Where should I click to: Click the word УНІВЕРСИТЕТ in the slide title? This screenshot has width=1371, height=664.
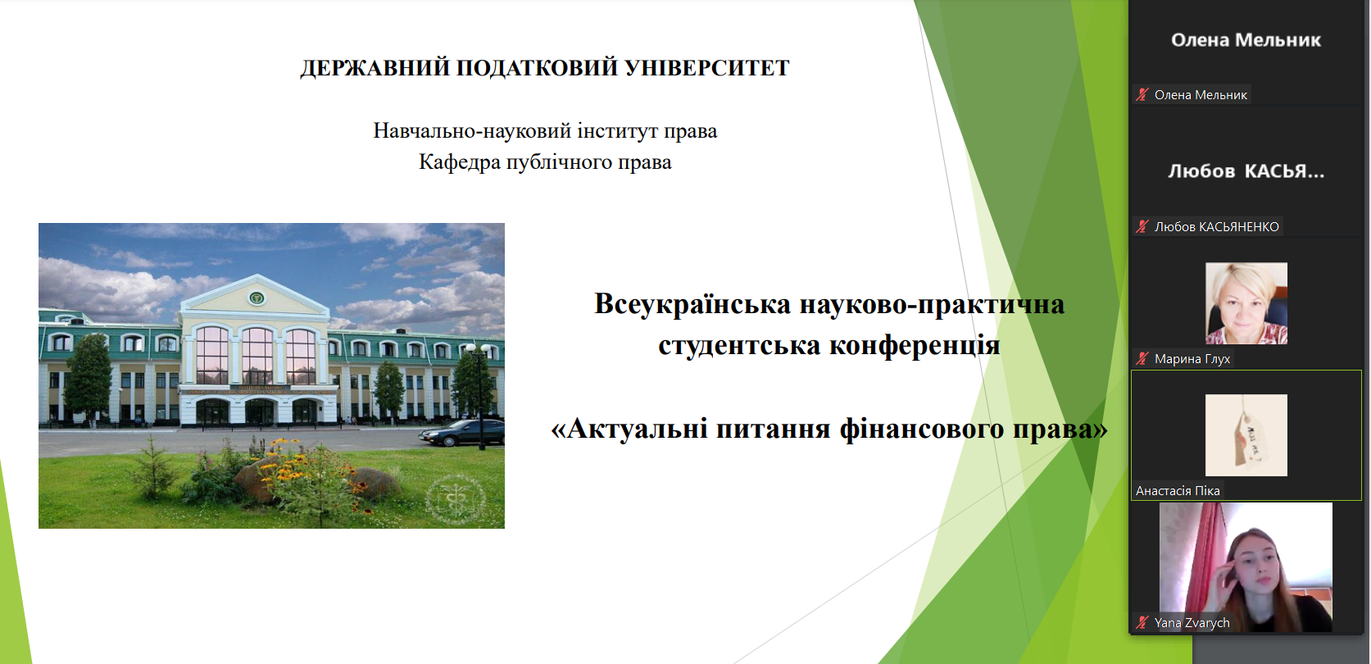coord(707,67)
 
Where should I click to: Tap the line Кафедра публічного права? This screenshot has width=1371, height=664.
coord(545,162)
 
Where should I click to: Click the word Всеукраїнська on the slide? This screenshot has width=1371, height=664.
coord(692,304)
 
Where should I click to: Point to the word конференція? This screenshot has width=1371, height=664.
coord(915,345)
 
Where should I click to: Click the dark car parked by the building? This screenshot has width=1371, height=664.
coord(461,433)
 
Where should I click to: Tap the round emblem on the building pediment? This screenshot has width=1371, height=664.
coord(256,298)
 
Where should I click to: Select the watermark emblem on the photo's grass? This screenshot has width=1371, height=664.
coord(456,499)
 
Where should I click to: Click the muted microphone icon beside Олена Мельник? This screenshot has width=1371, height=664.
coord(1142,95)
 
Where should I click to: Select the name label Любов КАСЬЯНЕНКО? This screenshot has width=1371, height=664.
coord(1216,227)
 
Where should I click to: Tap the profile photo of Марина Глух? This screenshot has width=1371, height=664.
coord(1246,303)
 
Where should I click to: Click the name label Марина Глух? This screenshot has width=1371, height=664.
coord(1192,359)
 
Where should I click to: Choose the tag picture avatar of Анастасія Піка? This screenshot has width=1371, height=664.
coord(1246,435)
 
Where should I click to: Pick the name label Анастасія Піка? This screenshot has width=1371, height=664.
coord(1178,491)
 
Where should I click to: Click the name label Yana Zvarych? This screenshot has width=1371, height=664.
coord(1192,623)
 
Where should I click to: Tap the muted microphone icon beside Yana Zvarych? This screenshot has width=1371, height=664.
coord(1142,623)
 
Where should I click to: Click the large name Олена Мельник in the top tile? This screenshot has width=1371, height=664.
coord(1246,40)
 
